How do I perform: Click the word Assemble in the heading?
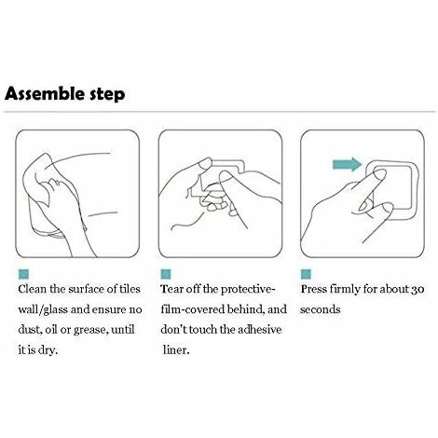coord(45,93)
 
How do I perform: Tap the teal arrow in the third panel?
coord(347,164)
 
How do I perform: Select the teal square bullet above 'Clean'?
coord(23,274)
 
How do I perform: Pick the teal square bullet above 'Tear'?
coord(166,274)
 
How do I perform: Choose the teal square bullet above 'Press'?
coord(306,274)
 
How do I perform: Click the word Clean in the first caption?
coord(33,289)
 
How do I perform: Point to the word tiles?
coord(130,289)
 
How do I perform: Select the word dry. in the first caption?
coord(48,350)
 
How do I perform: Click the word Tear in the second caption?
coord(171,289)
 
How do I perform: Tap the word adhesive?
coord(259,330)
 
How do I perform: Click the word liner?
coord(176,350)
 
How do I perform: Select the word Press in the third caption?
coord(313,289)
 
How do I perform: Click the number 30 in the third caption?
coord(417,290)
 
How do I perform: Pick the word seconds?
coord(321,309)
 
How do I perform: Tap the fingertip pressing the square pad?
coord(380,174)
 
